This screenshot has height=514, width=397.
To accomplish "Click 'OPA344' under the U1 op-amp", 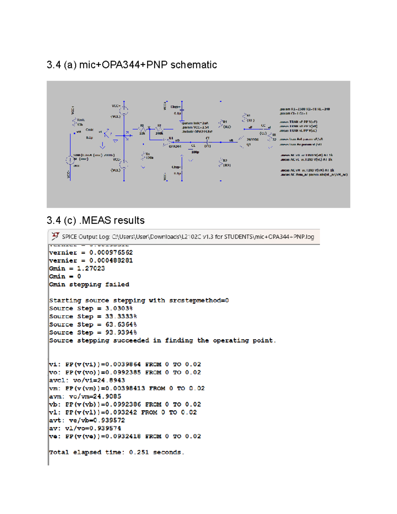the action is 175,146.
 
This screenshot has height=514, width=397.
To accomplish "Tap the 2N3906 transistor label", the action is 252,140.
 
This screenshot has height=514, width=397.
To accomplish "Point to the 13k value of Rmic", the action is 80,125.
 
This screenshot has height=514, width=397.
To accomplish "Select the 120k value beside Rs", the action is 150,158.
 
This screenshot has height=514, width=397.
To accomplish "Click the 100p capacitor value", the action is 195,152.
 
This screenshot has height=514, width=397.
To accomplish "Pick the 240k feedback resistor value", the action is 159,133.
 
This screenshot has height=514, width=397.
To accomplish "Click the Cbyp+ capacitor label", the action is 175,107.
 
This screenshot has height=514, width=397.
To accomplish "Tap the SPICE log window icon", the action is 55,236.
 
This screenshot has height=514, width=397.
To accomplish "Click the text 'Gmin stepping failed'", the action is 89,284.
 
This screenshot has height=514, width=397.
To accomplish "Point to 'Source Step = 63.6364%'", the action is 93,324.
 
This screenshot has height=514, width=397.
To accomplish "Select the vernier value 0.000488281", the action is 111,260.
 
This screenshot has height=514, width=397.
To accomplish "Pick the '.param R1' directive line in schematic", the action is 304,109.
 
